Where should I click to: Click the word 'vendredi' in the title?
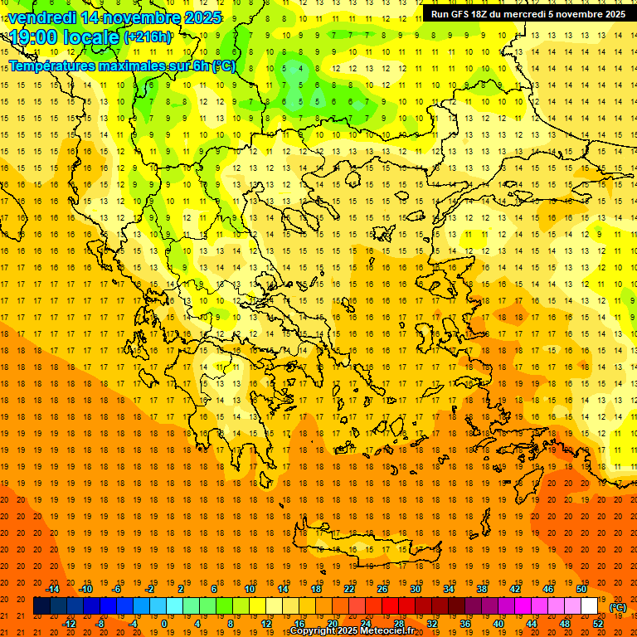click(42, 17)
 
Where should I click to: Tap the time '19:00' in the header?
click(35, 37)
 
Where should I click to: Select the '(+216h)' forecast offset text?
click(148, 37)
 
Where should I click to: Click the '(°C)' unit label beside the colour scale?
click(618, 607)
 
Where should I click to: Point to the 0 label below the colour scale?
click(163, 624)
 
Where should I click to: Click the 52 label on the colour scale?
click(597, 624)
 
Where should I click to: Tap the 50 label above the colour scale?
click(581, 589)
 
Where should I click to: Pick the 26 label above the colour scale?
click(382, 589)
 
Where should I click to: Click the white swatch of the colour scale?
click(589, 606)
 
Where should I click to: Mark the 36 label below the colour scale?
click(464, 624)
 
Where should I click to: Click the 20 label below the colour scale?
click(332, 624)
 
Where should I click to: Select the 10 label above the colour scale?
click(249, 589)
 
